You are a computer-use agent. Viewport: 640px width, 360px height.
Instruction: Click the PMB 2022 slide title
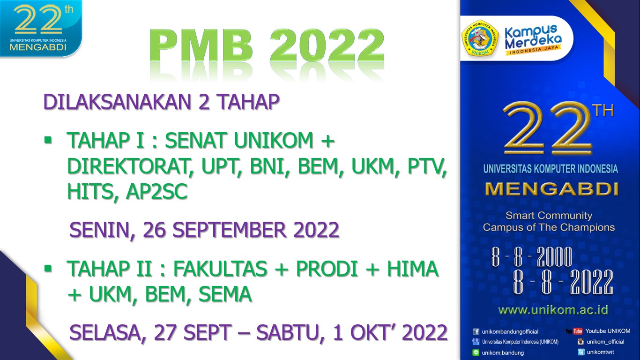(x=267, y=47)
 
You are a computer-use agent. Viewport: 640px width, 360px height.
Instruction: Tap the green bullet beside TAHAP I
(x=47, y=140)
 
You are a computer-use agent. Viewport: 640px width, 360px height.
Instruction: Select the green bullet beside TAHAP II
(x=47, y=269)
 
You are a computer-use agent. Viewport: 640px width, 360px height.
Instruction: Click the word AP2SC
(x=157, y=191)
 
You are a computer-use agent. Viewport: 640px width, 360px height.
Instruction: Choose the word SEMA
(x=225, y=294)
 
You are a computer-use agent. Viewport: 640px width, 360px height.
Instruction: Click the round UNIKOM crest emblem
(x=480, y=38)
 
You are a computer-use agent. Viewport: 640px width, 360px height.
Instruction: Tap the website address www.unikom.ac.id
(x=553, y=310)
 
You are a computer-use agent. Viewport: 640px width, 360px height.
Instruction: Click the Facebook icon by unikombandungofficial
(x=476, y=331)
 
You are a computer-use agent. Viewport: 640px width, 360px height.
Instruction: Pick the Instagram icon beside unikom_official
(x=580, y=342)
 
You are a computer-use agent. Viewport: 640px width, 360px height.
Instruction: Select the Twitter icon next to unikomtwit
(x=581, y=352)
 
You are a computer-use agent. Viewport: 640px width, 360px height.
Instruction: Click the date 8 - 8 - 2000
(x=532, y=257)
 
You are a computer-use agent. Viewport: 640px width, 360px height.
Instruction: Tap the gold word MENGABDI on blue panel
(x=551, y=188)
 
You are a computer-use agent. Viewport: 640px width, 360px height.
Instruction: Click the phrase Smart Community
(x=549, y=216)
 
